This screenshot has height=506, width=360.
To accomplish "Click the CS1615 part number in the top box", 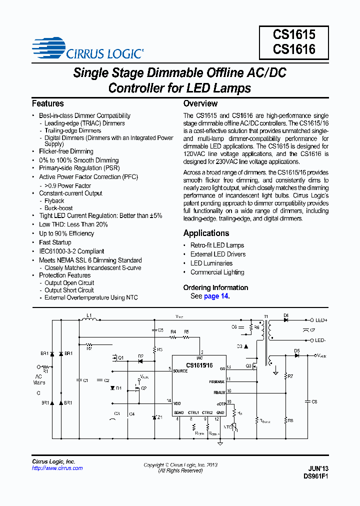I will (294, 34).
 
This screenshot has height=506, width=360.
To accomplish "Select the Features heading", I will (48, 103).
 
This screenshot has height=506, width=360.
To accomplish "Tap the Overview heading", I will (200, 103).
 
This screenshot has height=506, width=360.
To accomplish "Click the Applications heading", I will (206, 233).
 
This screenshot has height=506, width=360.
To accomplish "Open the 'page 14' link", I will (216, 296).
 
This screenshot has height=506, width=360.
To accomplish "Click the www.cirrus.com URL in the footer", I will (57, 468).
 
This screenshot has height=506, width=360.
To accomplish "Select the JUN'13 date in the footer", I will (318, 469).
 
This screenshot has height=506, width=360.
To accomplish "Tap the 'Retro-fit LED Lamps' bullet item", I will (217, 245).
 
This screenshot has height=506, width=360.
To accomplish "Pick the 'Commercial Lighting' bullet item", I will (217, 272).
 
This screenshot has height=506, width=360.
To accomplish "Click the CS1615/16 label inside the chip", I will (199, 365).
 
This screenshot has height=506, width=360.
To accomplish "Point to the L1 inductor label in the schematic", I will (88, 315).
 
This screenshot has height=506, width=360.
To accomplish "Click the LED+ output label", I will (321, 319).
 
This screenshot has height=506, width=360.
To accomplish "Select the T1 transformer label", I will (266, 317).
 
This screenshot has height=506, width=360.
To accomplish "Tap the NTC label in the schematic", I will (227, 426).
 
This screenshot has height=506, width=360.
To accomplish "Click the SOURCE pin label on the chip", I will (180, 371).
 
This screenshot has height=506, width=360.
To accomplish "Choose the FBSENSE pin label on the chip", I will (217, 381).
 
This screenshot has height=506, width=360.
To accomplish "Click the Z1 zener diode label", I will (159, 417).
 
